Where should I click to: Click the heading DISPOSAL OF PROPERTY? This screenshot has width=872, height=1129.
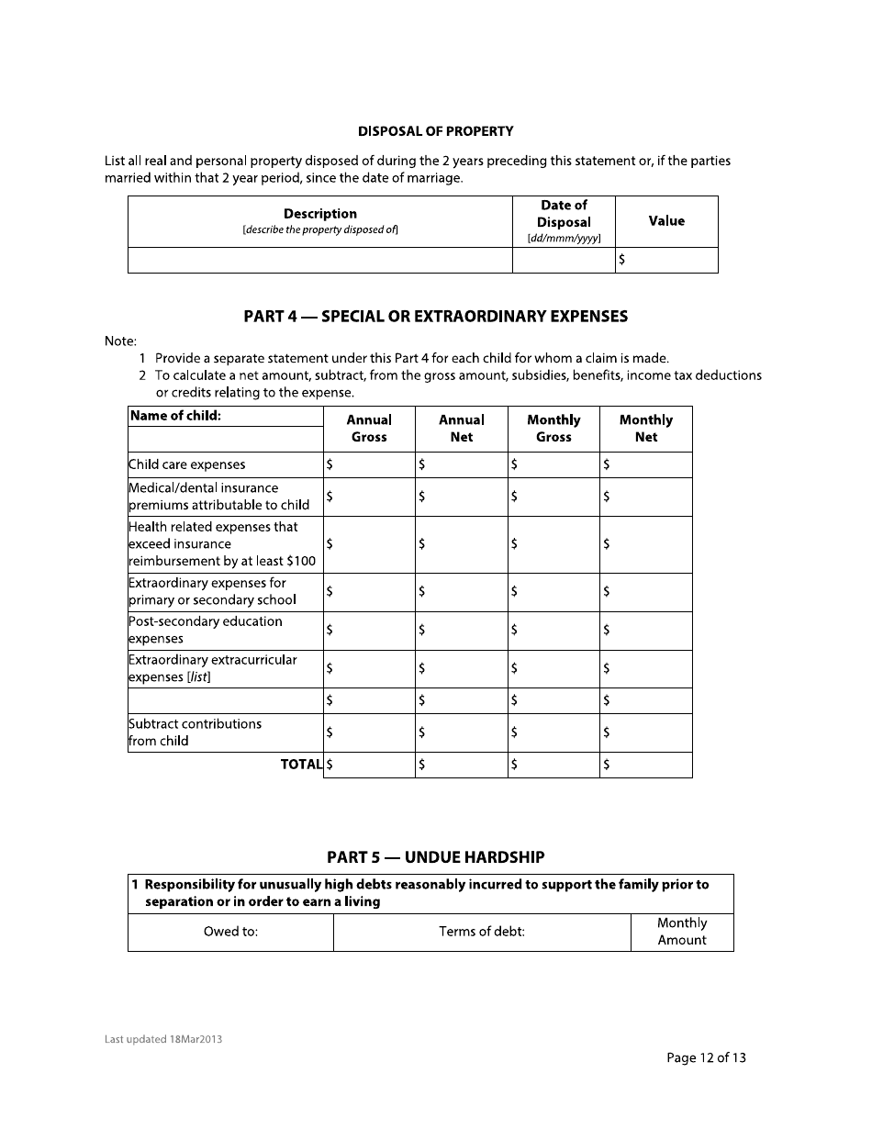[435, 131]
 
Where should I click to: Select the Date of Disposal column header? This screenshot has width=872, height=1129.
[563, 220]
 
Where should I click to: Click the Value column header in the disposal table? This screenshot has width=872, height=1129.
[666, 221]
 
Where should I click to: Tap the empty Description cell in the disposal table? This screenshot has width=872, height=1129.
[319, 260]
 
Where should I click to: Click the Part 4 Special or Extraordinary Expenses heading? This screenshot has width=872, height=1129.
[435, 317]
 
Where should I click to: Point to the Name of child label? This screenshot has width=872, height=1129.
[176, 416]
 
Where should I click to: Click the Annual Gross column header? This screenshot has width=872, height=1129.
[369, 429]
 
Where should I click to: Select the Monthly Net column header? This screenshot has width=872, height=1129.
[645, 429]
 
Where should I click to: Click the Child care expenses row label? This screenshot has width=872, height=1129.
[187, 464]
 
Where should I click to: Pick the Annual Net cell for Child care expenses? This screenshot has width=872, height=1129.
[462, 464]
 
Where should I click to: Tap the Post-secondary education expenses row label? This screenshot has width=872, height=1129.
[206, 630]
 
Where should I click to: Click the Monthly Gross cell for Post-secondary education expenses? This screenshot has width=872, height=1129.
[553, 631]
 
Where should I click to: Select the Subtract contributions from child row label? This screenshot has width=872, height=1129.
[196, 732]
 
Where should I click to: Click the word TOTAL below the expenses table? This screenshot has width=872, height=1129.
[301, 764]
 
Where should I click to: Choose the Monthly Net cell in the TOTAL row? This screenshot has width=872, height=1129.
[646, 765]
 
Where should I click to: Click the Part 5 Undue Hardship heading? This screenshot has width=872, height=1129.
[435, 857]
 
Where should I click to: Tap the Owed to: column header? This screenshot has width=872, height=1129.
[230, 932]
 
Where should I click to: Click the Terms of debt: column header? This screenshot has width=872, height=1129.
[482, 932]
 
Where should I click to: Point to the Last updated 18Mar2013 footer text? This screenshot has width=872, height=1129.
[163, 1040]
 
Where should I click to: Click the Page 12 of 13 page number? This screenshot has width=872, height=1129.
[706, 1058]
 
